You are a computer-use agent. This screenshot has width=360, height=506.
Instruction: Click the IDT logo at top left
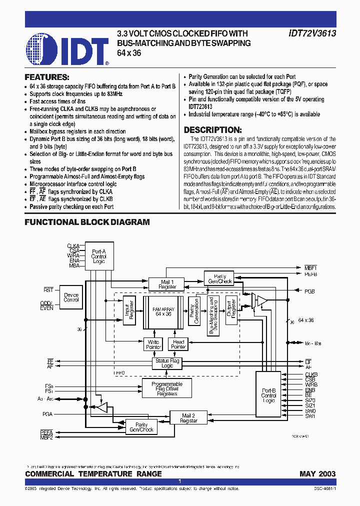[x=67, y=48]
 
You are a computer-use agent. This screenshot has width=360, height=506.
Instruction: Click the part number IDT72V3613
[x=312, y=33]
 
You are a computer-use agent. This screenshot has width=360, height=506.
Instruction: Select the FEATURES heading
[x=46, y=77]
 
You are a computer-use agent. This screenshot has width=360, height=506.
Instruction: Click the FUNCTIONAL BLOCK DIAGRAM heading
[x=87, y=222]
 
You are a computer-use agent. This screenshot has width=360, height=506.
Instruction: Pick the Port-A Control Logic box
[x=98, y=256]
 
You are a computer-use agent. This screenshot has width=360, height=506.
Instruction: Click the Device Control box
[x=71, y=297]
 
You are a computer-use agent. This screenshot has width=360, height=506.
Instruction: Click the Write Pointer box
[x=153, y=344]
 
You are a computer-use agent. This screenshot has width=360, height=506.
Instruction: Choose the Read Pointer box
[x=178, y=344]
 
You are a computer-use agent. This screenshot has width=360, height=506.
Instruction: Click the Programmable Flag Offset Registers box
[x=167, y=389]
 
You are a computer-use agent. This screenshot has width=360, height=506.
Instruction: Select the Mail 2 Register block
[x=188, y=418]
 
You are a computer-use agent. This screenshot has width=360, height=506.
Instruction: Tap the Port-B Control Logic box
[x=268, y=395]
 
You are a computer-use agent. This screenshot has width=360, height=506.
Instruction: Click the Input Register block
[x=129, y=310]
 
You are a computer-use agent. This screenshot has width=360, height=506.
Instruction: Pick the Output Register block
[x=230, y=310]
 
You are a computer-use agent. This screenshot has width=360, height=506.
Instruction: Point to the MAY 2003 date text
[x=317, y=473]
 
